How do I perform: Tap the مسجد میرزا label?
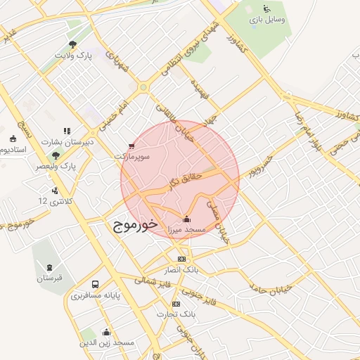click(186, 230)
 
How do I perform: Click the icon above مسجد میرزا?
click(186, 218)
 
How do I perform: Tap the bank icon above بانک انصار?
click(182, 259)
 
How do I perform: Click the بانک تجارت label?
click(176, 315)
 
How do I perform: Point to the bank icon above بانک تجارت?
click(176, 304)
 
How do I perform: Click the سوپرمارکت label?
click(132, 157)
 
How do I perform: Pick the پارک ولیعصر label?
click(58, 166)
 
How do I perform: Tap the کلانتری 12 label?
click(53, 201)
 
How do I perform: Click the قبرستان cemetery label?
click(50, 278)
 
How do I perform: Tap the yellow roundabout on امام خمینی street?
click(143, 88)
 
